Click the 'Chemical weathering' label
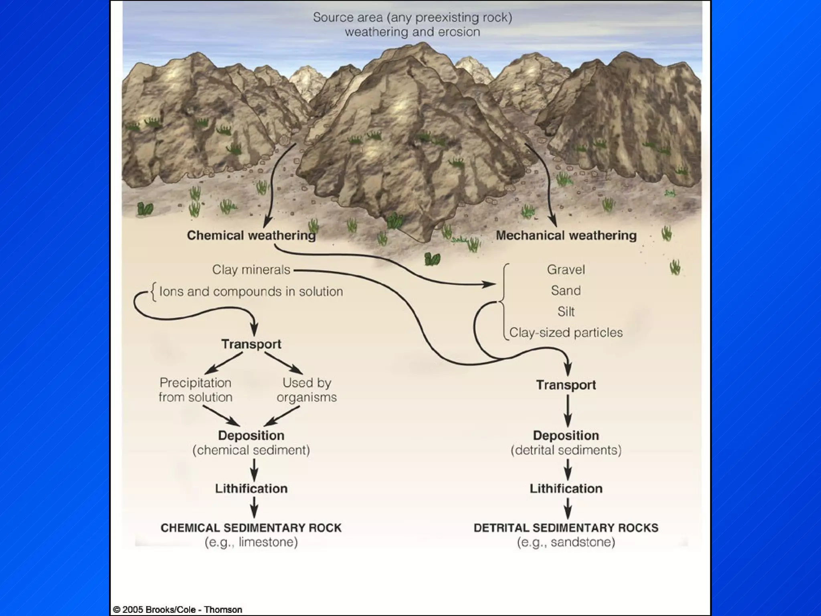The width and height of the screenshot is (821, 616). (x=251, y=235)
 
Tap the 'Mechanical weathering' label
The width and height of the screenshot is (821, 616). (x=566, y=235)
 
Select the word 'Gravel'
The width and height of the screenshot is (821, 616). (x=566, y=269)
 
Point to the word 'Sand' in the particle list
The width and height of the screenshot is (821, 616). (x=566, y=290)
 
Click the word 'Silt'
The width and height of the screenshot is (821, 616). (x=566, y=312)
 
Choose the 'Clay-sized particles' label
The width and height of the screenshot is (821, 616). (x=566, y=332)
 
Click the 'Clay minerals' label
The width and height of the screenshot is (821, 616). (x=251, y=269)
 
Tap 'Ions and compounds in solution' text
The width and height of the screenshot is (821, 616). (x=251, y=292)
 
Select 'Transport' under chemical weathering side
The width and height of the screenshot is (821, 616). (x=251, y=344)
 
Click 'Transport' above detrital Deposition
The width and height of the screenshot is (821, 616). (x=566, y=385)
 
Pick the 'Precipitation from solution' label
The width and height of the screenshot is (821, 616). (x=196, y=390)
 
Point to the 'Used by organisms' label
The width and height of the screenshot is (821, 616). (x=307, y=390)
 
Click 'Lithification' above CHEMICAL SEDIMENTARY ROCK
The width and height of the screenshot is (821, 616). (x=251, y=488)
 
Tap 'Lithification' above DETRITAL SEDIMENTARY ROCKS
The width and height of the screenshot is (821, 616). (x=566, y=488)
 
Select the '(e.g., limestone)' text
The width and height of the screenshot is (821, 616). (x=251, y=542)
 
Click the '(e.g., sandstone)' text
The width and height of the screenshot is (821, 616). (x=566, y=542)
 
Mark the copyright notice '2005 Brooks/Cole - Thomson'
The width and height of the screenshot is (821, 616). (x=178, y=610)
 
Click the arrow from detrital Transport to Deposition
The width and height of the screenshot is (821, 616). (x=568, y=411)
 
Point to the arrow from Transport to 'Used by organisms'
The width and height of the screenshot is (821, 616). (x=283, y=363)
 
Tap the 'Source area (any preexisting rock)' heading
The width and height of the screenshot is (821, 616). (x=413, y=18)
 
